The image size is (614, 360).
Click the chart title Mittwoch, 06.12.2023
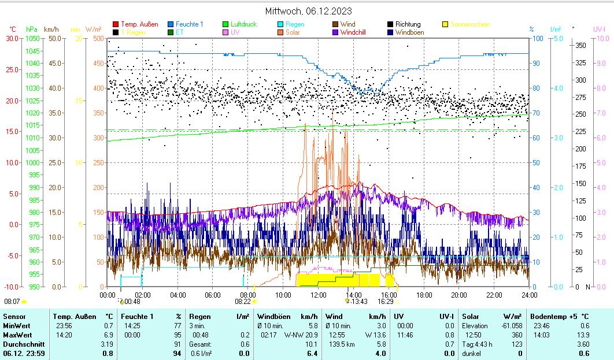[x=308, y=11]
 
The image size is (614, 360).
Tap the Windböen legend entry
[x=409, y=32]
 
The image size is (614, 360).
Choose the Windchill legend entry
[x=357, y=32]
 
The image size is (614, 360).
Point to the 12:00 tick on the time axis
[x=319, y=295]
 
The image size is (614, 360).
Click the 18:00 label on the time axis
[x=424, y=295]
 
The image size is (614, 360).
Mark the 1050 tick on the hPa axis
[x=33, y=38]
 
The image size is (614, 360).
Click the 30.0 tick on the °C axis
[x=12, y=38]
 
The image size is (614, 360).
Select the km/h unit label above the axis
[x=51, y=29]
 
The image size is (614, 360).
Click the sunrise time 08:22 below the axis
[x=242, y=301]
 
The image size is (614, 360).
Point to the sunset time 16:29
[x=386, y=301]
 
